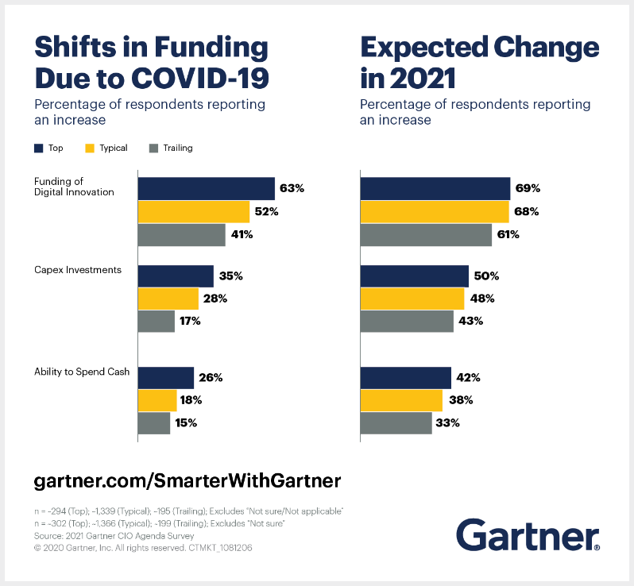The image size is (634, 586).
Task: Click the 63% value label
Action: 292,188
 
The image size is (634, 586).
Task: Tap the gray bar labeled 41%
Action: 182,235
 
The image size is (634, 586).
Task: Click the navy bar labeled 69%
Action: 435,188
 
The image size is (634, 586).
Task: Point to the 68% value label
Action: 527,212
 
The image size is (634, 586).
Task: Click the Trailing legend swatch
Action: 153,148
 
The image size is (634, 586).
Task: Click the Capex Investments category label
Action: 78,270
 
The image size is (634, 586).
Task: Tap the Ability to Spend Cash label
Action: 82,372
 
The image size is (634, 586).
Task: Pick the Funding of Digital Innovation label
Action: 74,187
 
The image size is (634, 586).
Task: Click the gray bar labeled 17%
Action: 157,321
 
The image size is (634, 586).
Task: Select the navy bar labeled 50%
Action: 415,276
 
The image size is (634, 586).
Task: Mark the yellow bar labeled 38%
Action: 401,400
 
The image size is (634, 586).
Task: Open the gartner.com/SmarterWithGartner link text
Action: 187,480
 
